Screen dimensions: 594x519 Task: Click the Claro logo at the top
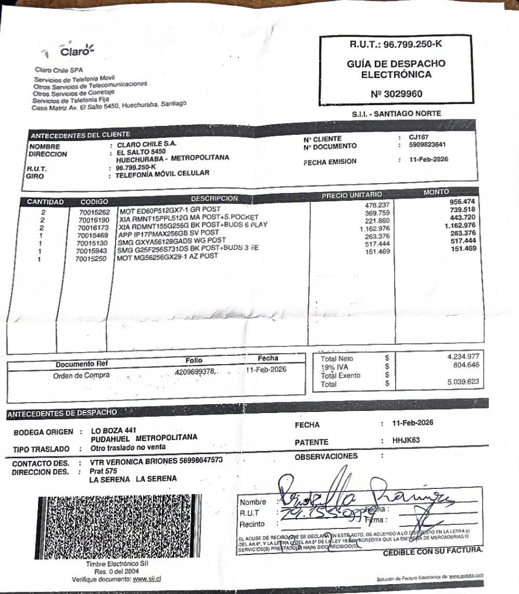click(x=76, y=51)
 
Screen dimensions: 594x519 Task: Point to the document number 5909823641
click(x=427, y=146)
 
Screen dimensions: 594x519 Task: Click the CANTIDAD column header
click(x=46, y=202)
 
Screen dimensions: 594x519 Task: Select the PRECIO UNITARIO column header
click(x=351, y=195)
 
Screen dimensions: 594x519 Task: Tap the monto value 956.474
click(x=462, y=201)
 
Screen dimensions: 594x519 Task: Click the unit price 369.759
click(x=377, y=213)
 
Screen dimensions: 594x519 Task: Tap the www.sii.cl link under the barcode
click(x=146, y=579)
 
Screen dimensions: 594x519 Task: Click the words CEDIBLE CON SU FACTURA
click(x=433, y=551)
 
